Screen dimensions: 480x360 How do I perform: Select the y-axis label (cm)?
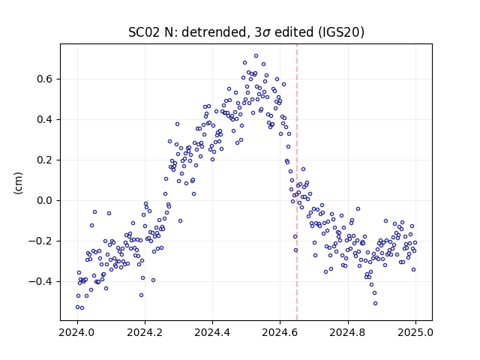click(x=18, y=183)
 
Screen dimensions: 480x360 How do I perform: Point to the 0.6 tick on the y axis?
click(x=45, y=79)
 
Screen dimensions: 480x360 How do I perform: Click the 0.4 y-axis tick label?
click(x=45, y=119)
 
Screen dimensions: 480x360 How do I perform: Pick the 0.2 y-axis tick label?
click(x=45, y=160)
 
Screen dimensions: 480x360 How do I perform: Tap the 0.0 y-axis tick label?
click(x=45, y=200)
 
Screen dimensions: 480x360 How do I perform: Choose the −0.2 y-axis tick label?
click(x=40, y=241)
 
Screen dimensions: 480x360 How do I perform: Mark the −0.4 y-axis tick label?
click(x=40, y=282)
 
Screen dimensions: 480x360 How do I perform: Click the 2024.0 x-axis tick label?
click(x=77, y=332)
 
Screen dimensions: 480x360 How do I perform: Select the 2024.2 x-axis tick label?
click(x=145, y=332)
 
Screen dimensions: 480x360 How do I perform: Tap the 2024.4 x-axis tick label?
click(x=212, y=332)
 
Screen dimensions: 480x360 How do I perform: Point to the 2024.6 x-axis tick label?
click(x=280, y=332)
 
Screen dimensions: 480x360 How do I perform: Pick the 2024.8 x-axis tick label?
click(x=348, y=332)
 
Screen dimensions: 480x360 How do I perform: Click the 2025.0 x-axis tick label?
click(x=415, y=332)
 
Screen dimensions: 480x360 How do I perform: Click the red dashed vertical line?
click(x=297, y=182)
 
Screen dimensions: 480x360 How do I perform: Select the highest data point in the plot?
click(x=256, y=56)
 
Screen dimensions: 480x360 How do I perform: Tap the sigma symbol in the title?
click(x=266, y=33)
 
